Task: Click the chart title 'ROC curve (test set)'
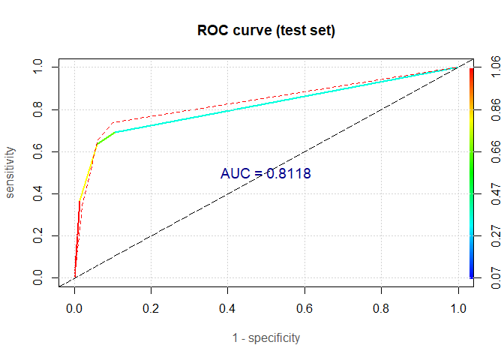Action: coord(265,31)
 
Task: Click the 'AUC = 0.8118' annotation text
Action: coord(265,173)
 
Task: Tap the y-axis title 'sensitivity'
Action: coord(10,172)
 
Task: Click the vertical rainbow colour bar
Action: coord(471,173)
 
